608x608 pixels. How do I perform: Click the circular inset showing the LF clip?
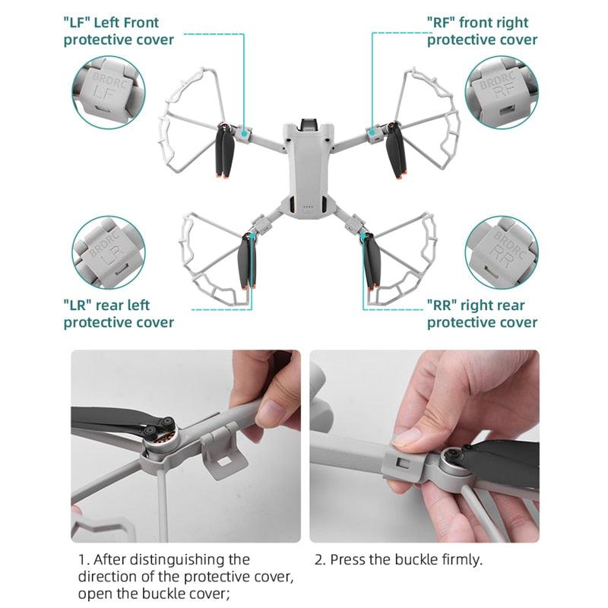[106, 92]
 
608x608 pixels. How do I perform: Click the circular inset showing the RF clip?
[501, 92]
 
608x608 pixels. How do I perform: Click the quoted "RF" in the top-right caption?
[442, 23]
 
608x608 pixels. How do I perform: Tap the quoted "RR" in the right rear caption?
[442, 306]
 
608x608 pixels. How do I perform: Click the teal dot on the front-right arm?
[372, 134]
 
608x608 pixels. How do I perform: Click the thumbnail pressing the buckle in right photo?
[407, 436]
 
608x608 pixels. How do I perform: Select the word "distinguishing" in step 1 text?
[185, 560]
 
